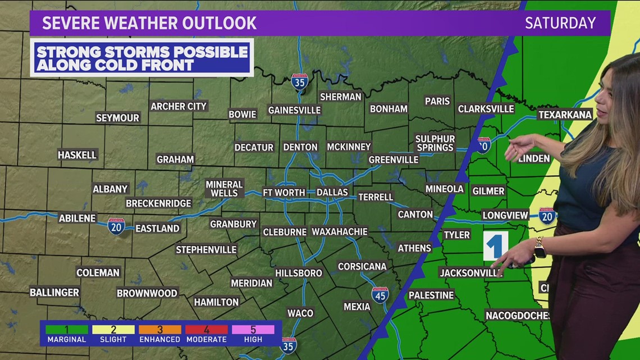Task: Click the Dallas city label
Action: (x=332, y=192)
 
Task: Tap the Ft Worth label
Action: (x=284, y=192)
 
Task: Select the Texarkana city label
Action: (x=565, y=115)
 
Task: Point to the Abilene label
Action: (x=77, y=218)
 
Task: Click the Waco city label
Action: (x=300, y=313)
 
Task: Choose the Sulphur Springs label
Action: (x=435, y=143)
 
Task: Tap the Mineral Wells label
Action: (x=224, y=189)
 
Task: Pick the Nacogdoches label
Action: (x=517, y=316)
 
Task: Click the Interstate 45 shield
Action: (x=380, y=295)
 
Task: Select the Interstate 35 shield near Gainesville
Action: (x=300, y=82)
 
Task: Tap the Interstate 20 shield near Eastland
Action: (x=116, y=226)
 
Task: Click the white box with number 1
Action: (x=495, y=245)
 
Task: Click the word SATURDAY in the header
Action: (x=560, y=23)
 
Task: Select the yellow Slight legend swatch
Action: (x=113, y=330)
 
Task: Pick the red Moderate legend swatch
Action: (x=207, y=330)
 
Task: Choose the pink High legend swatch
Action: (x=253, y=330)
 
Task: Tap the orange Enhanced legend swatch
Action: (x=160, y=330)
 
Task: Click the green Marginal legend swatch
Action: (x=67, y=330)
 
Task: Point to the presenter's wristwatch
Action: (x=540, y=248)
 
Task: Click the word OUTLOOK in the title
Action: (x=222, y=23)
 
